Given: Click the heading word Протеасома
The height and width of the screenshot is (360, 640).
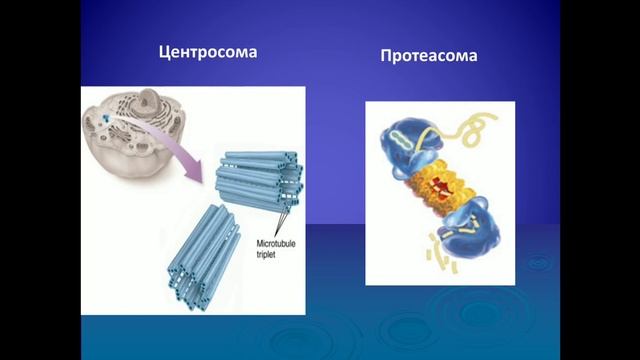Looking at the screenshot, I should click(x=428, y=56).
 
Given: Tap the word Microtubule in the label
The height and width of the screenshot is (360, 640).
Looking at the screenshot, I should click(x=263, y=244).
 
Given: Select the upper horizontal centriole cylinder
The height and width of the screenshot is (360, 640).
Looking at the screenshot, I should click(x=258, y=175).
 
